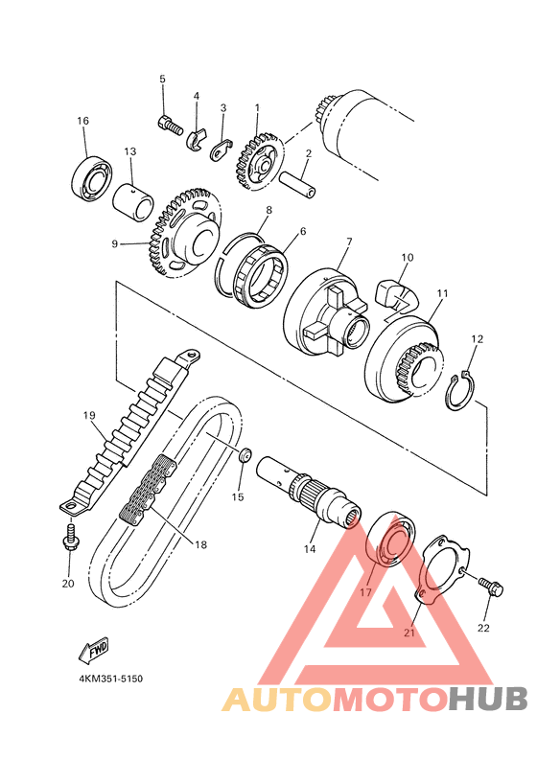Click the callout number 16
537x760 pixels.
[83, 120]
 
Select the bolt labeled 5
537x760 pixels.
[170, 124]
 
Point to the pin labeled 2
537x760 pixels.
[298, 184]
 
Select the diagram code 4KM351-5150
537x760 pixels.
[110, 679]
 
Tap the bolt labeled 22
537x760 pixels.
[491, 587]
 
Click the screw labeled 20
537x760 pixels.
[71, 536]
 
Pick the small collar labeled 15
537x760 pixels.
[245, 454]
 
